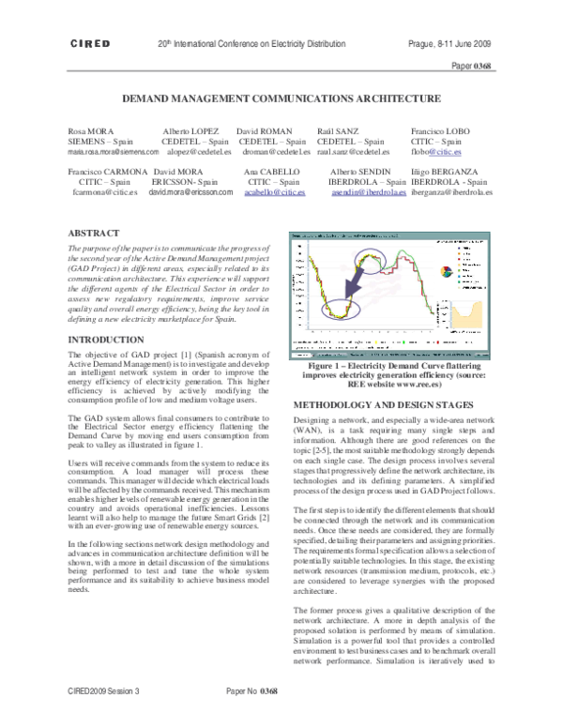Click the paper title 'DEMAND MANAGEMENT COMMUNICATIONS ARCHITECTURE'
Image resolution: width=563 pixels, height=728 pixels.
coord(281,98)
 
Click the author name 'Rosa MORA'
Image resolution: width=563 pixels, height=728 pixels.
coord(91,130)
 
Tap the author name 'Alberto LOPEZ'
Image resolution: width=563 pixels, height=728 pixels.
coord(191,130)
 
